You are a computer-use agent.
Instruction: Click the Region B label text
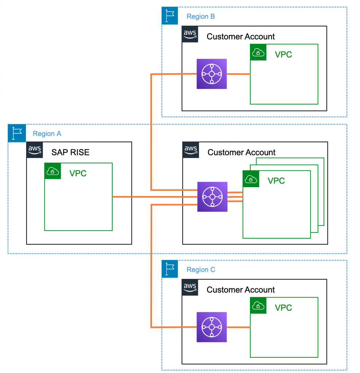pyautogui.click(x=200, y=16)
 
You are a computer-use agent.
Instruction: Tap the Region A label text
pyautogui.click(x=47, y=134)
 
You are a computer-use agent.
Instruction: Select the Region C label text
pyautogui.click(x=201, y=270)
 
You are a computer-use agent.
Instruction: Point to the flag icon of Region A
pyautogui.click(x=16, y=133)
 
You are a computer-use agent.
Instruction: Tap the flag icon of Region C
pyautogui.click(x=169, y=269)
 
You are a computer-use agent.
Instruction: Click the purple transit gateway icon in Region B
pyautogui.click(x=212, y=74)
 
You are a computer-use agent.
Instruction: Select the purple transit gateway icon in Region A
pyautogui.click(x=212, y=197)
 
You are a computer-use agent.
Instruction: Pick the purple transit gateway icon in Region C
pyautogui.click(x=212, y=327)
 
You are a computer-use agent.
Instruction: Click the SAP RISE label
pyautogui.click(x=70, y=152)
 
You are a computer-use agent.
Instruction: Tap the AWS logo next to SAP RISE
pyautogui.click(x=35, y=150)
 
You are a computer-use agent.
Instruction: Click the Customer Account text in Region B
pyautogui.click(x=240, y=37)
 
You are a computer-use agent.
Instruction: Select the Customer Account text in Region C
pyautogui.click(x=240, y=290)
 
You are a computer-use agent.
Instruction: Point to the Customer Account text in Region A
pyautogui.click(x=241, y=152)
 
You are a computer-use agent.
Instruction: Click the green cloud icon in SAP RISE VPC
pyautogui.click(x=52, y=171)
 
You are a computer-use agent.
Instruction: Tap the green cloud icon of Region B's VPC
pyautogui.click(x=258, y=52)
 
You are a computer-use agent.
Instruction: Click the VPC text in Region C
pyautogui.click(x=283, y=308)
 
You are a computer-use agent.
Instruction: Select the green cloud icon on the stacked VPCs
pyautogui.click(x=251, y=179)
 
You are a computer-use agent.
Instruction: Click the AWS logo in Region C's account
pyautogui.click(x=190, y=287)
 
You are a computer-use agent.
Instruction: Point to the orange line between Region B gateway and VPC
pyautogui.click(x=238, y=74)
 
